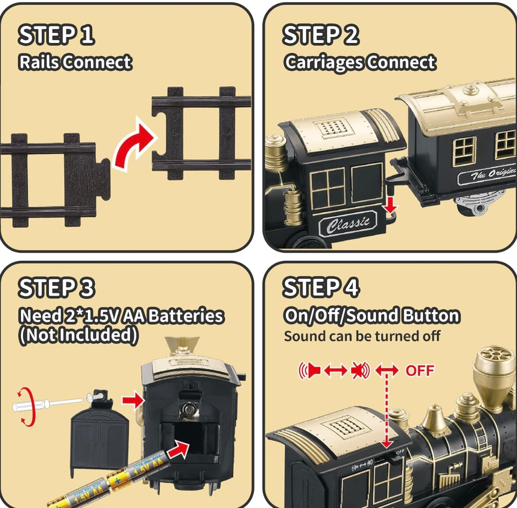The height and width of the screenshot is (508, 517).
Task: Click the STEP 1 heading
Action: (56, 35)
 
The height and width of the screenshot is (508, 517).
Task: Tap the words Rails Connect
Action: (75, 62)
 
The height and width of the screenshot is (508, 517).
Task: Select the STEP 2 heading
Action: (321, 35)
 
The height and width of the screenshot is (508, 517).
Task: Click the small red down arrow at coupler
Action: (390, 207)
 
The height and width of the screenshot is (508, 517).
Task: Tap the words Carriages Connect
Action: (360, 62)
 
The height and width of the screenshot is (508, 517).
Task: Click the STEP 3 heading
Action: (56, 288)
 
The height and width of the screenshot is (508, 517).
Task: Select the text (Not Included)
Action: (79, 335)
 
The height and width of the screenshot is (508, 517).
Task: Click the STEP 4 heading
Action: (321, 288)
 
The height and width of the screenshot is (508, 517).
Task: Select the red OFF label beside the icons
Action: (420, 370)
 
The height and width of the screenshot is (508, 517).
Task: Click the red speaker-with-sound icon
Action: (309, 370)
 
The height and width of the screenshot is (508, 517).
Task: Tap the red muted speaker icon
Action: (360, 370)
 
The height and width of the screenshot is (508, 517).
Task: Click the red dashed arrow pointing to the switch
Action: (387, 410)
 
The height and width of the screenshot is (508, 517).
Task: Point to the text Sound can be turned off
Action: (362, 336)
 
